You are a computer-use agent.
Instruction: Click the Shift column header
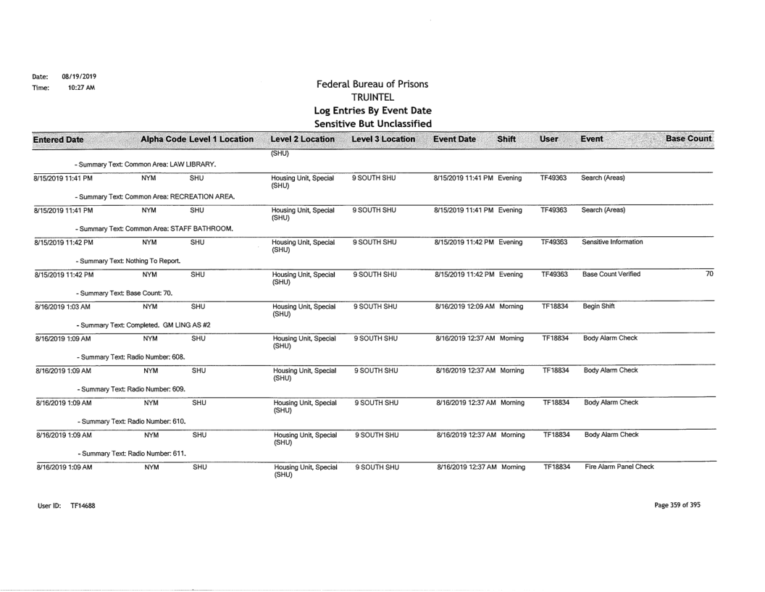pyautogui.click(x=505, y=138)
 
